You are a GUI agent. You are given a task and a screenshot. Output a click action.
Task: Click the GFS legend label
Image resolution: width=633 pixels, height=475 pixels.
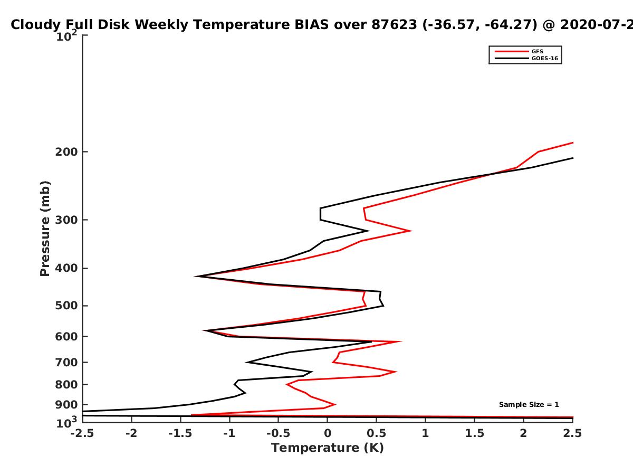click(537, 51)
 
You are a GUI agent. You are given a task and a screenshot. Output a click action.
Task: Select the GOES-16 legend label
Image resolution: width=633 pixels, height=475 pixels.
click(544, 58)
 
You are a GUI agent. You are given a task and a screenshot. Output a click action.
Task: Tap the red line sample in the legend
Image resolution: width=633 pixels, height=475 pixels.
click(512, 51)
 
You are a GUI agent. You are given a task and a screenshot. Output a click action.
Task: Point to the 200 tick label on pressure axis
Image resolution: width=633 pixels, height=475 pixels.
click(66, 151)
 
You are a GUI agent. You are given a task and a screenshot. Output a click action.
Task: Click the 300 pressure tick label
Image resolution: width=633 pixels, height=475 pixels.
click(66, 220)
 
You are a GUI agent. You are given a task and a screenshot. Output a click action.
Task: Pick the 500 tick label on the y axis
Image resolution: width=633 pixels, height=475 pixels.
click(66, 306)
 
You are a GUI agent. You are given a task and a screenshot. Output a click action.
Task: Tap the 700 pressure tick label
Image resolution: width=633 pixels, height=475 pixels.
click(66, 362)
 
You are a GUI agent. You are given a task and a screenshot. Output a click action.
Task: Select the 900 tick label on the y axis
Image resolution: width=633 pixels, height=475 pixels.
click(66, 405)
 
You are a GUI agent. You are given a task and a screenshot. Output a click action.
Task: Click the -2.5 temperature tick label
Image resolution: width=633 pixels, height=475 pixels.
click(82, 433)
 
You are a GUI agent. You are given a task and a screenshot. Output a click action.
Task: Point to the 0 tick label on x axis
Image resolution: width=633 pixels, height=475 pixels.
click(328, 433)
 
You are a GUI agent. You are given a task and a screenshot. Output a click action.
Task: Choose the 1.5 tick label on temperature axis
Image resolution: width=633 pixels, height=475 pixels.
click(474, 433)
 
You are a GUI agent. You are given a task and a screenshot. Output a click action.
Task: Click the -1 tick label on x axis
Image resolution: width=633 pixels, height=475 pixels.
click(229, 433)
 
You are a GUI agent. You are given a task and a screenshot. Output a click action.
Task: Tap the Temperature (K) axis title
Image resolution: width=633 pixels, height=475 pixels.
click(328, 448)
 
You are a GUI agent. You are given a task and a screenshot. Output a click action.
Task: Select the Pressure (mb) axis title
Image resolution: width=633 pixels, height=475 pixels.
click(45, 229)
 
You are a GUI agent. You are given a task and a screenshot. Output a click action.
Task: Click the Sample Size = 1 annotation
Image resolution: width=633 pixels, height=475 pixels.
click(529, 404)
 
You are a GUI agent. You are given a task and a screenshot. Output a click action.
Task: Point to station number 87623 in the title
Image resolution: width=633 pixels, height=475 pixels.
click(394, 24)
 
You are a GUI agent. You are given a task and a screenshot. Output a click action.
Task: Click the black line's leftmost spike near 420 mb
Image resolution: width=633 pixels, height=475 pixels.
click(196, 276)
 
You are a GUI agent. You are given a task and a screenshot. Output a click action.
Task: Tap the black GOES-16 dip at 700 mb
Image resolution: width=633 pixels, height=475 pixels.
click(247, 362)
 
